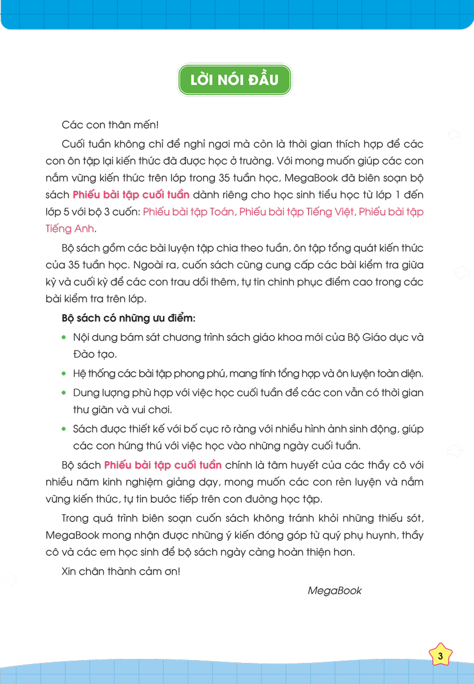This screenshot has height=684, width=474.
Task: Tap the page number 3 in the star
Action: click(440, 656)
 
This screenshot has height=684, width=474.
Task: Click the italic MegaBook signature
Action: click(334, 591)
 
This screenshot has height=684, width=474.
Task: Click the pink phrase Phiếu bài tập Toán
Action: click(189, 212)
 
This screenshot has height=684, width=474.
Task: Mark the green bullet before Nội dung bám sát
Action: click(64, 337)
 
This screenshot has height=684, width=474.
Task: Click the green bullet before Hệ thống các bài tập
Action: click(64, 374)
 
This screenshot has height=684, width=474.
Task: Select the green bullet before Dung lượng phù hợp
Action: click(64, 393)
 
